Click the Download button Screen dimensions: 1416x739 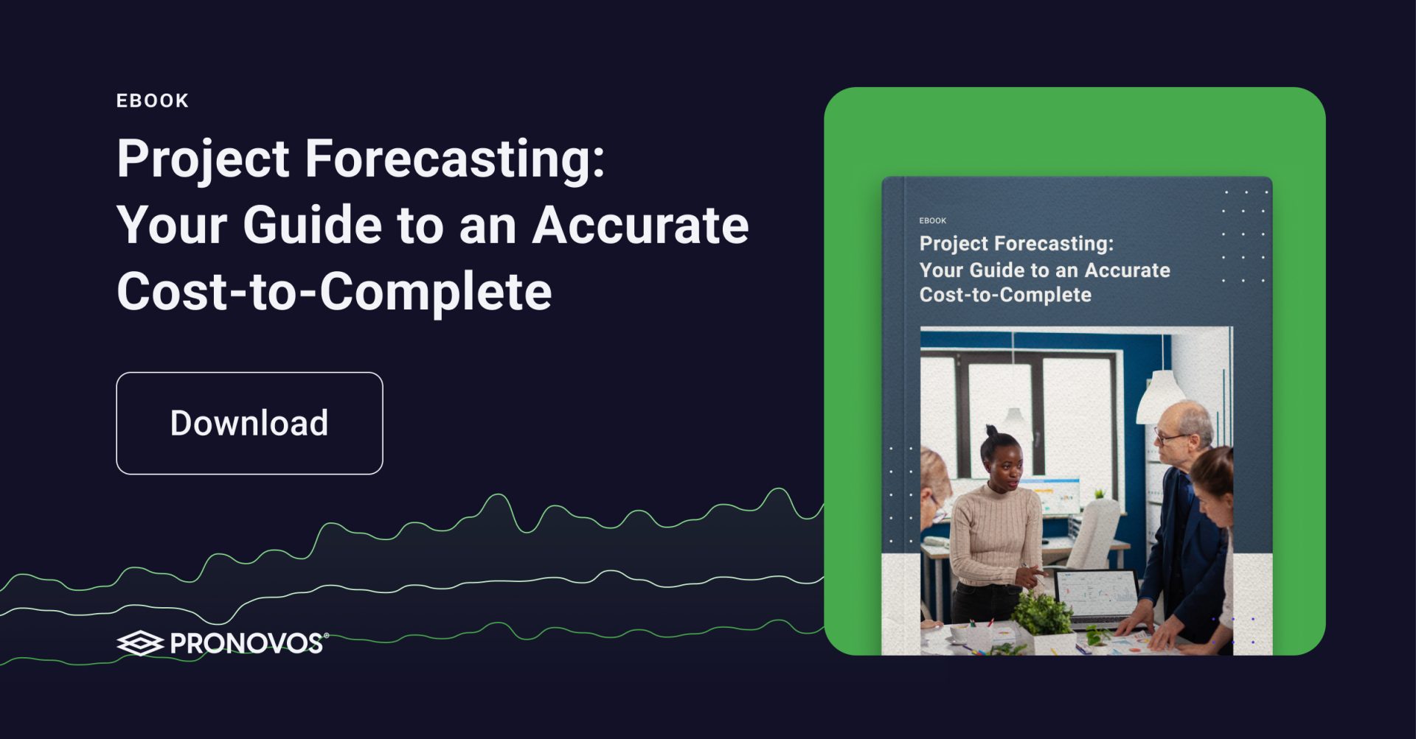pyautogui.click(x=249, y=423)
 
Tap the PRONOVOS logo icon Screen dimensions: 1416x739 pyautogui.click(x=140, y=643)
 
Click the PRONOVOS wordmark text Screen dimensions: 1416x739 pyautogui.click(x=247, y=643)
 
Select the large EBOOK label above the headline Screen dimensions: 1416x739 pyautogui.click(x=153, y=101)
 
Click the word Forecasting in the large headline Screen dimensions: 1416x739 pyautogui.click(x=454, y=159)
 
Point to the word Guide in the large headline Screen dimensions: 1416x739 pyautogui.click(x=313, y=225)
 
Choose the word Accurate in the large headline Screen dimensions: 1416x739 pyautogui.click(x=640, y=225)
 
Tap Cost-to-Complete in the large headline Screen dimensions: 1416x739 pyautogui.click(x=334, y=292)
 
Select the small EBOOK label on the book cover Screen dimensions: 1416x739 pyautogui.click(x=933, y=221)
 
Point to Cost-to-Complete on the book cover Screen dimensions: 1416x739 pyautogui.click(x=1005, y=295)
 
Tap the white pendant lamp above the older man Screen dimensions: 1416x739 pyautogui.click(x=1161, y=396)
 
